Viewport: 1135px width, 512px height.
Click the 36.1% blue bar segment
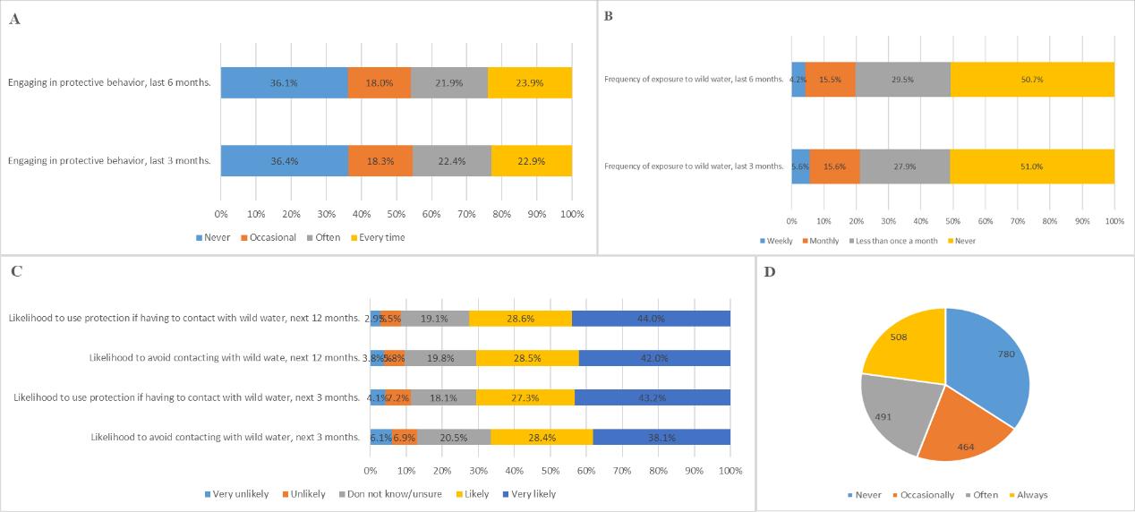[x=284, y=82]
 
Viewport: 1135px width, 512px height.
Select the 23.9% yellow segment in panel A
[x=530, y=82]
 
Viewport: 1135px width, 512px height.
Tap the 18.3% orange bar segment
[x=380, y=160]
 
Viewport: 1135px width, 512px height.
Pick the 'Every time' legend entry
[x=380, y=237]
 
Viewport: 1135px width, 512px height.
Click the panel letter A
[x=14, y=19]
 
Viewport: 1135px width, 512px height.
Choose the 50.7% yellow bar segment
[x=1032, y=80]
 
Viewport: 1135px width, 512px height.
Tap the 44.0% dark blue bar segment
[x=651, y=318]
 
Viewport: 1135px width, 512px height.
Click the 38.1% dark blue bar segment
[x=661, y=437]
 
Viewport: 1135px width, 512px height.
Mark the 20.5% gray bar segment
[x=454, y=437]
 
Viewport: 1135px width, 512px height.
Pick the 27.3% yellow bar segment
[x=525, y=397]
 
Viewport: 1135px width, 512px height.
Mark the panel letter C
[x=15, y=272]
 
